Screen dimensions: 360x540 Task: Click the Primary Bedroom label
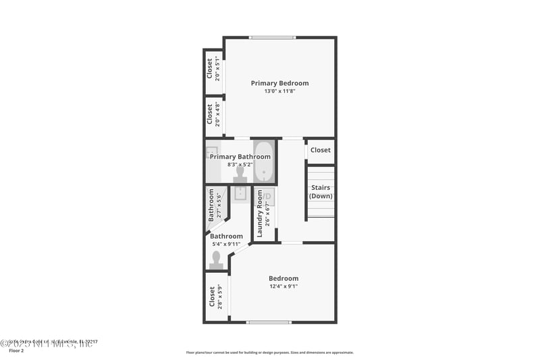click(279, 83)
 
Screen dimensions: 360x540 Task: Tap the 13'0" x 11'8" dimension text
click(279, 91)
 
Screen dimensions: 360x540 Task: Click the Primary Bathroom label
click(240, 157)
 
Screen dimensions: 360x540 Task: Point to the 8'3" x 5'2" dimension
click(240, 164)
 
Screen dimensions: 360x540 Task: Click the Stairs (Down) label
click(321, 191)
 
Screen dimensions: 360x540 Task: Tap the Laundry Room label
click(259, 213)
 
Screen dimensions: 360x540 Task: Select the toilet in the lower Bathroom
click(217, 260)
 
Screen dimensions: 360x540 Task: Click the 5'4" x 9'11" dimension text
click(226, 244)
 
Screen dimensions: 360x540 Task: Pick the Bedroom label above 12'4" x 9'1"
click(283, 278)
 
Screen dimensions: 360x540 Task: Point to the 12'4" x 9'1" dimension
click(283, 286)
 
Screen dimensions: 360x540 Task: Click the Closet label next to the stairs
click(321, 150)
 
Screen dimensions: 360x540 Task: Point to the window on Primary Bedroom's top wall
click(271, 37)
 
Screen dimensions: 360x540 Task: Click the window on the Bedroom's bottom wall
click(268, 322)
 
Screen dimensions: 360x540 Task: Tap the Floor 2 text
click(16, 351)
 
